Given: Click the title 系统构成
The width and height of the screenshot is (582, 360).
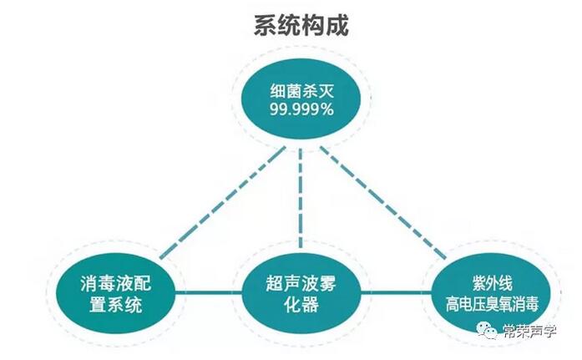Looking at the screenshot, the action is coord(301,25).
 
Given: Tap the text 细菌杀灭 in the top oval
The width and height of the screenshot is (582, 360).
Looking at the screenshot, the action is coord(301,91).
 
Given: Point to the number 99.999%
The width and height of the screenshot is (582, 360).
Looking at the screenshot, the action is coord(301,109).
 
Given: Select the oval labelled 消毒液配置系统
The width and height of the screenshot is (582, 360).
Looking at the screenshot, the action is coord(115,293).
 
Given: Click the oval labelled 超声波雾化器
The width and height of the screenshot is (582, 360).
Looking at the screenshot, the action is coord(301,293).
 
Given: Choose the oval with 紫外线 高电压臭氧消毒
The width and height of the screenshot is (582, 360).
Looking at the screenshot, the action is coord(492,293).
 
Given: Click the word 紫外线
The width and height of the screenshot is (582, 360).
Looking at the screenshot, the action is coord(492,283).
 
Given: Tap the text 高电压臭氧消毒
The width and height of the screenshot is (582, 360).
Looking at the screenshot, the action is coord(492,304).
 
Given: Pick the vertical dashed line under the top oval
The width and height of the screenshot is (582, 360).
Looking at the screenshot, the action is coord(301,199).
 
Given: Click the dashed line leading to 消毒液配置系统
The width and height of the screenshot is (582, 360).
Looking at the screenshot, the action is coord(223,202).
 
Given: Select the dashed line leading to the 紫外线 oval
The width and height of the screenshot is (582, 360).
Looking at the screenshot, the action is coord(383,202).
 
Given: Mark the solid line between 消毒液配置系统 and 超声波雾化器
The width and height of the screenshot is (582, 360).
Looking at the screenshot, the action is coord(208,293).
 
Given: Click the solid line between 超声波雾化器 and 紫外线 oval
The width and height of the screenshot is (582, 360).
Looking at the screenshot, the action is coord(397,293).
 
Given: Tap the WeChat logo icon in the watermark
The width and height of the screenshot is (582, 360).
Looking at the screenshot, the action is coord(487,330).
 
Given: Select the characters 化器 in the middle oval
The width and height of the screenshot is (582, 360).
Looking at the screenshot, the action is coord(301,305).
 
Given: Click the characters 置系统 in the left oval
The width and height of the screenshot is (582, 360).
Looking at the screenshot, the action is coord(115,305).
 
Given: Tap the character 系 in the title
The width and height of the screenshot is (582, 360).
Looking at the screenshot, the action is coord(266,25).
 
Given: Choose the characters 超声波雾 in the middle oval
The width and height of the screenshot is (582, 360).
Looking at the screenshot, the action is coord(301,283).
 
